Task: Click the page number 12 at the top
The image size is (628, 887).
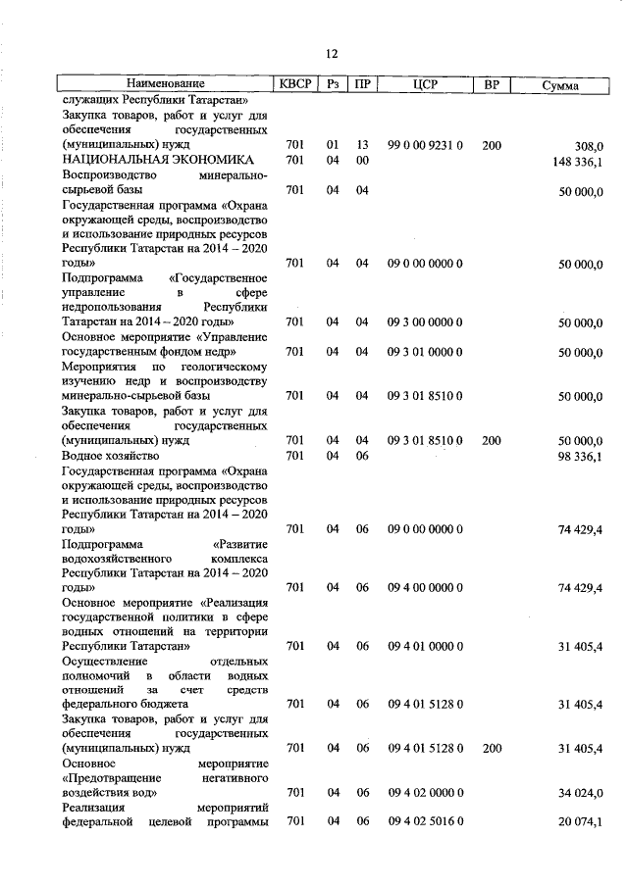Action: [331, 54]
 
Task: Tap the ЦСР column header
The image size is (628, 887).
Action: [425, 85]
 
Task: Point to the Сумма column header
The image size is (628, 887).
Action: [560, 86]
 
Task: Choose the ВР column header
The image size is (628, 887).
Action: [492, 85]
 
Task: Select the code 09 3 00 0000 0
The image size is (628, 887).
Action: [425, 322]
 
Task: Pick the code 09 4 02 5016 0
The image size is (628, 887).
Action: [425, 821]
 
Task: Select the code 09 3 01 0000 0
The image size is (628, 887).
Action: [425, 352]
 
